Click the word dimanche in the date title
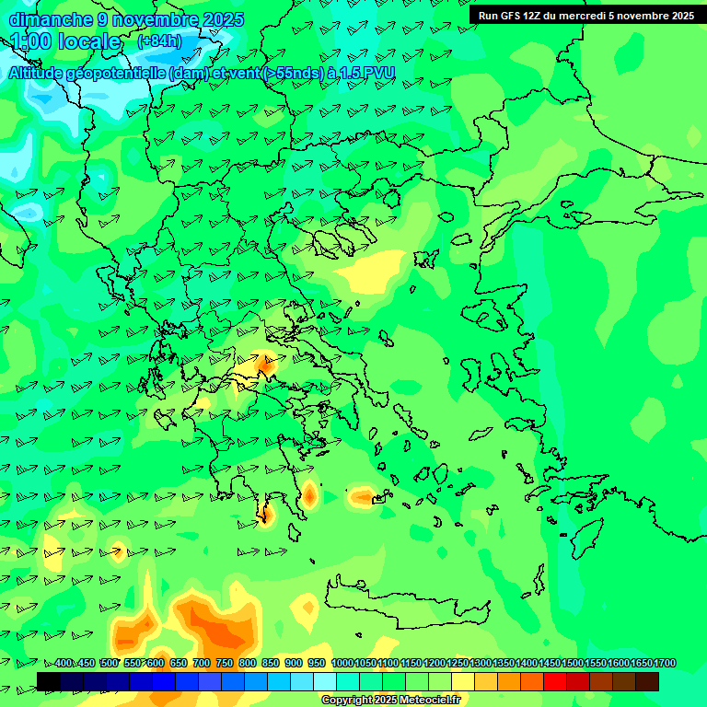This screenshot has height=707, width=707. click(50, 19)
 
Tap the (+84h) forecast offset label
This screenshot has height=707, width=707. click(159, 41)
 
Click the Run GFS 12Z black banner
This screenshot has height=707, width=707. click(586, 15)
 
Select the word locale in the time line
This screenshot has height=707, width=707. click(88, 41)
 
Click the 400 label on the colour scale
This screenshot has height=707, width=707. click(64, 663)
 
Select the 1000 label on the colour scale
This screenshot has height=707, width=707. click(342, 663)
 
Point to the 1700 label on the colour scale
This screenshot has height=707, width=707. click(665, 663)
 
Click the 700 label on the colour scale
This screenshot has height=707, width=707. click(202, 663)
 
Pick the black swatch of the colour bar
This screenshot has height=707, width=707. click(49, 681)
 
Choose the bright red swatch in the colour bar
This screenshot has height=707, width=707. click(555, 681)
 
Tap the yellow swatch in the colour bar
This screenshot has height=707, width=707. click(463, 681)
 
